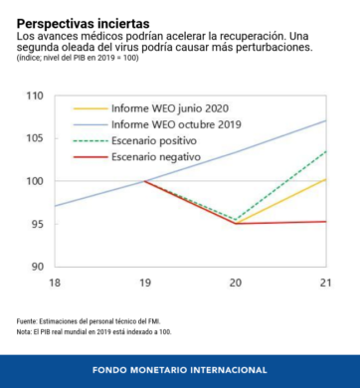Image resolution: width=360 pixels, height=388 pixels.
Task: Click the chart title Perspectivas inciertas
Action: tap(84, 24)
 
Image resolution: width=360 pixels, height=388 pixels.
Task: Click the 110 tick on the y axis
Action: tap(35, 97)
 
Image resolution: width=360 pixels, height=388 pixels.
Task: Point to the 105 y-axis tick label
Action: tap(35, 138)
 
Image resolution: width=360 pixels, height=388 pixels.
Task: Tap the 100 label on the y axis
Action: tap(35, 181)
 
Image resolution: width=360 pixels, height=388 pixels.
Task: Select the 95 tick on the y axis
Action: tap(37, 224)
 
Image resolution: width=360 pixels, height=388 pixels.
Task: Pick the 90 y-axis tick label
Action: tap(37, 267)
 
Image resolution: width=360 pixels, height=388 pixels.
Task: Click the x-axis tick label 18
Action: tap(55, 283)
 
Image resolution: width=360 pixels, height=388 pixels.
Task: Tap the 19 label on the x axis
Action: tap(145, 283)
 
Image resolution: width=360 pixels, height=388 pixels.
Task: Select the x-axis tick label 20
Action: tap(236, 283)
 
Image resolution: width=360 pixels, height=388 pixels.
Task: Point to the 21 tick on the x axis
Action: tap(325, 283)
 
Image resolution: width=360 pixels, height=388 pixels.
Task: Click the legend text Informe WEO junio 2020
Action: tap(170, 108)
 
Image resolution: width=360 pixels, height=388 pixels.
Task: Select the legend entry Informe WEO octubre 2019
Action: tap(176, 124)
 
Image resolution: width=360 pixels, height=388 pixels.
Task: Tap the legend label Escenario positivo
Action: tap(154, 141)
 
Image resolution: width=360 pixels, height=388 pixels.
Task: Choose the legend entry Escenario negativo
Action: tap(156, 157)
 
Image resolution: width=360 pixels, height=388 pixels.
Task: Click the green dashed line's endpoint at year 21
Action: tap(326, 151)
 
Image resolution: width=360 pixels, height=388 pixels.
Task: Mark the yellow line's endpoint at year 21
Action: tap(326, 179)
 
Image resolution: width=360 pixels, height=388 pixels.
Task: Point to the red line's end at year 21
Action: tap(326, 222)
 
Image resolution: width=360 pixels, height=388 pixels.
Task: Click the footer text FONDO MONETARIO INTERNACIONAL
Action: tap(180, 370)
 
